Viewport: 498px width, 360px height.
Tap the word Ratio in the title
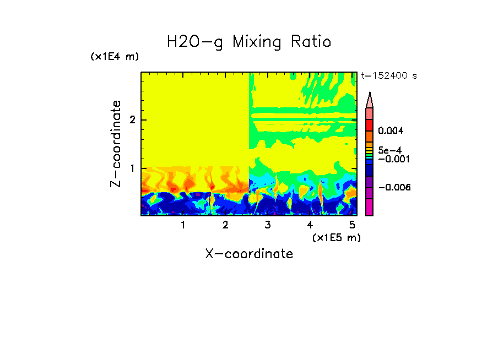tap(311, 42)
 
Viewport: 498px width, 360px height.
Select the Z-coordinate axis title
tap(116, 143)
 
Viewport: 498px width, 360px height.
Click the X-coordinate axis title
tap(249, 254)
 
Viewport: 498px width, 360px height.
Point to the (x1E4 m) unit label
tap(115, 57)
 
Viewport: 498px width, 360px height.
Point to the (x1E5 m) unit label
tap(336, 237)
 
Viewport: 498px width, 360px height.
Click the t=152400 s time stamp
tap(388, 76)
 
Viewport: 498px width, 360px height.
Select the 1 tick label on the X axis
tap(183, 225)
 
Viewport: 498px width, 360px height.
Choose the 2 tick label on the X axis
tap(225, 225)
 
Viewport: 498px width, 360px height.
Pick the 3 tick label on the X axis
tap(268, 225)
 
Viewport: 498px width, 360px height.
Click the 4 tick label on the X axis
tap(310, 225)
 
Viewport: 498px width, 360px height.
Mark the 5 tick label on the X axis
tap(352, 225)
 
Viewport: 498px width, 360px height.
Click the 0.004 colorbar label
tap(391, 130)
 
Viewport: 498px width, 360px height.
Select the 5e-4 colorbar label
tap(389, 150)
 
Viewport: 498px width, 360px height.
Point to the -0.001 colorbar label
tap(392, 159)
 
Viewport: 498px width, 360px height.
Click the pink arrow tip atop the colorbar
tap(370, 100)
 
